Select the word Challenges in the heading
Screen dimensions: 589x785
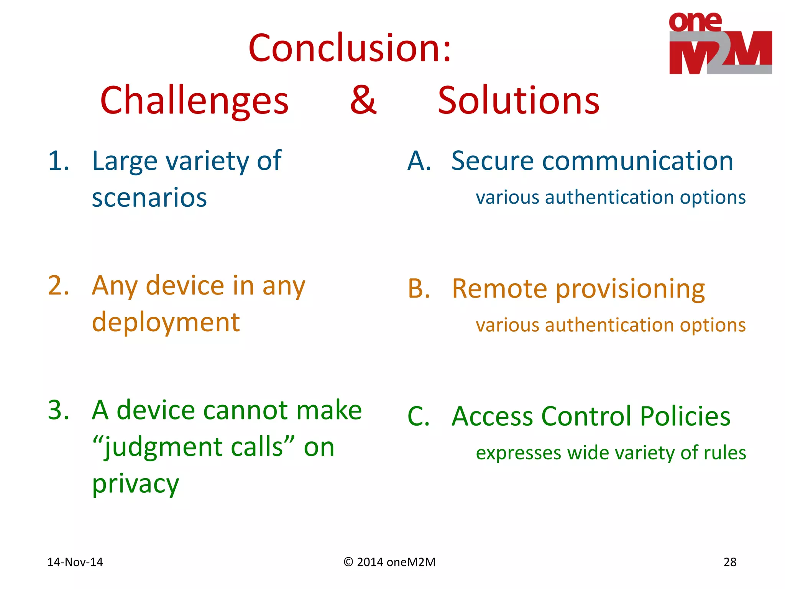pyautogui.click(x=194, y=100)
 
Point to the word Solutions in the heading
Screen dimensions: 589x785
pyautogui.click(x=518, y=100)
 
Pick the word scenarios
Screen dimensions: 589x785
pyautogui.click(x=149, y=198)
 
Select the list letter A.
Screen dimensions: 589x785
pyautogui.click(x=419, y=161)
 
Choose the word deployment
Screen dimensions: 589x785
pyautogui.click(x=166, y=323)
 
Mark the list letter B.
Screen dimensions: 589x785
pyautogui.click(x=419, y=289)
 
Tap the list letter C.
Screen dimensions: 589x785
pyautogui.click(x=419, y=417)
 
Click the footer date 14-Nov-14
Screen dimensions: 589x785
pyautogui.click(x=75, y=562)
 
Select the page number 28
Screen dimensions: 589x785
pyautogui.click(x=730, y=562)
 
